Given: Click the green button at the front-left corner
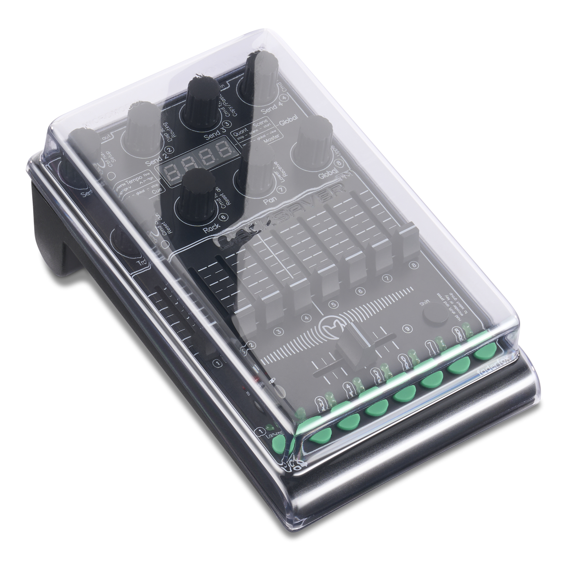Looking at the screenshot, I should click(280, 442).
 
